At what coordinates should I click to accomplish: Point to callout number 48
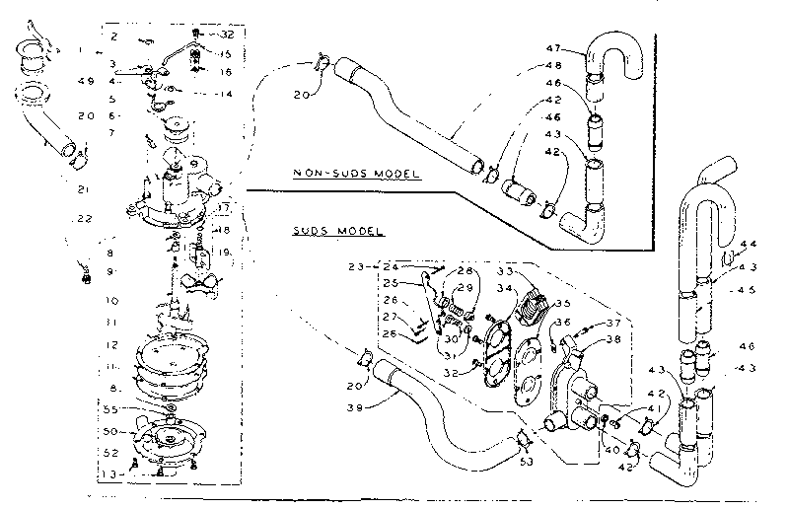pos(552,66)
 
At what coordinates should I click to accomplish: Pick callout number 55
pos(114,408)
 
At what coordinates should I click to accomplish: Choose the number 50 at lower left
pos(114,431)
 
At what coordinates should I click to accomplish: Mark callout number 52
pos(114,453)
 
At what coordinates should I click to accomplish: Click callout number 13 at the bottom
pos(115,473)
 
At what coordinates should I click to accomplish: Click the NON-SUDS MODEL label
pos(357,174)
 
